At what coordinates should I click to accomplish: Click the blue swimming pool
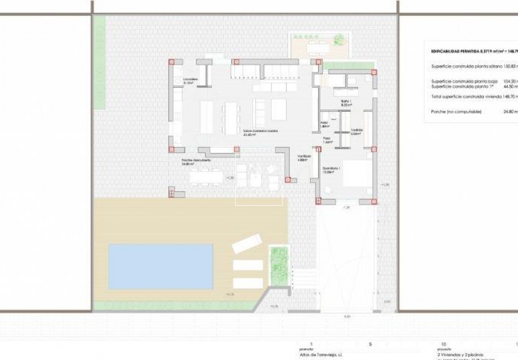(x=160, y=266)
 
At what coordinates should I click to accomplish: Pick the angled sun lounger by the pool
(x=247, y=243)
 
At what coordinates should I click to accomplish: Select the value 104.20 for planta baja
(x=510, y=81)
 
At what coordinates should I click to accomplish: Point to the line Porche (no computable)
(x=456, y=111)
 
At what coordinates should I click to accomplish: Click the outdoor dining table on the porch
(x=206, y=177)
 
